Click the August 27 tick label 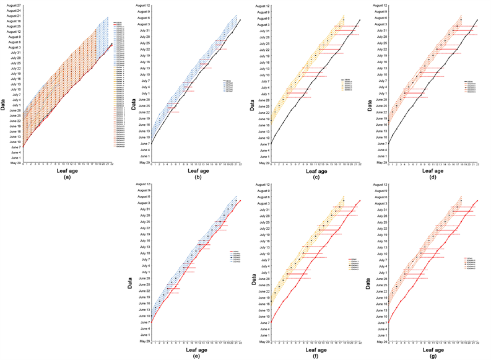14,6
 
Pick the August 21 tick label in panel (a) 14,16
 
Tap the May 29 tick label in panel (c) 259,163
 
